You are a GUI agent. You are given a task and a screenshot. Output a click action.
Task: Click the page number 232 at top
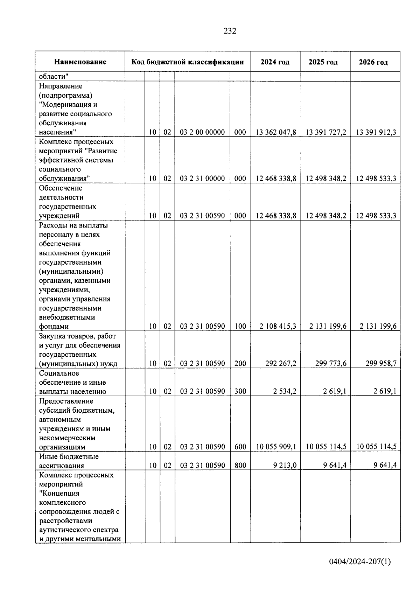[x=230, y=31]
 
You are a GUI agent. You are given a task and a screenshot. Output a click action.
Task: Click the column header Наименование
[x=80, y=62]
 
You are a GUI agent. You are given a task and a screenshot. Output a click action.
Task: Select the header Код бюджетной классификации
[x=188, y=62]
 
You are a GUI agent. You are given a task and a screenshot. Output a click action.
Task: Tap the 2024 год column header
[x=275, y=62]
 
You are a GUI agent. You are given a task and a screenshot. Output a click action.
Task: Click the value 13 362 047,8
[x=276, y=132]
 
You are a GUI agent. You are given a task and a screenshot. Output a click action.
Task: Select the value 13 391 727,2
[x=326, y=132]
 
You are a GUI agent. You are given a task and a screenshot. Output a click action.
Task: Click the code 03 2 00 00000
[x=202, y=132]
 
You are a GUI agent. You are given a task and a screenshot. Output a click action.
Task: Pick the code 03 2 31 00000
[x=202, y=179]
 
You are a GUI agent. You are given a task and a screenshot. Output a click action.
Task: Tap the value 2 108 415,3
[x=278, y=326]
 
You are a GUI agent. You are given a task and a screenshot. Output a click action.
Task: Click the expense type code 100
[x=240, y=326]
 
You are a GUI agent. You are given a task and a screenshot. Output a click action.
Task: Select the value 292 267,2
[x=281, y=363]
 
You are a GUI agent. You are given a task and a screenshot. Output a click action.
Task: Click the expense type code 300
[x=240, y=391]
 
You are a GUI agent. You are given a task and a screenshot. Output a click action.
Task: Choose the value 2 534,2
[x=285, y=391]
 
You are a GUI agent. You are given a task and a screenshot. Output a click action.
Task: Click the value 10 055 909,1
[x=276, y=447]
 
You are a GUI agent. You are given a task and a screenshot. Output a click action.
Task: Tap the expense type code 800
[x=240, y=466]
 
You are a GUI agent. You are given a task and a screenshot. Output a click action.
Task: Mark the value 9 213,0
[x=285, y=466]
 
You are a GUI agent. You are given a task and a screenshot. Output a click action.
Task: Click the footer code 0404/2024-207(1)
[x=360, y=562]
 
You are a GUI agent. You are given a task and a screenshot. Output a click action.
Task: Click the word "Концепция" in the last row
[x=59, y=494]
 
